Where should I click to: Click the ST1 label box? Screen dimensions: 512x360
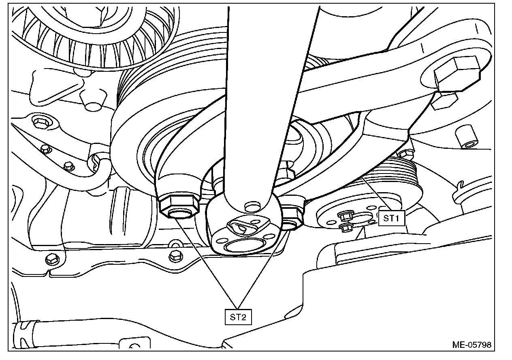click(x=392, y=218)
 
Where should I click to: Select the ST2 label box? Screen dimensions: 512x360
click(x=238, y=317)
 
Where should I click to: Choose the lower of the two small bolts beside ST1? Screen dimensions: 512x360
click(x=345, y=227)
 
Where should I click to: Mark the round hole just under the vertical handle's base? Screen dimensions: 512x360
click(x=252, y=206)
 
